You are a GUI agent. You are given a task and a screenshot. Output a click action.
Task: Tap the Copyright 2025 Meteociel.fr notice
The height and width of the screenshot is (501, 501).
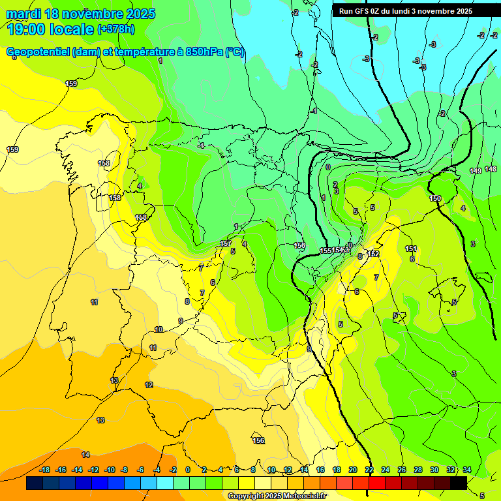coord(277,496)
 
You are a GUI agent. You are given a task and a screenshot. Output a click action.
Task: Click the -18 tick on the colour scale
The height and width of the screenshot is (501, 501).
coord(45,470)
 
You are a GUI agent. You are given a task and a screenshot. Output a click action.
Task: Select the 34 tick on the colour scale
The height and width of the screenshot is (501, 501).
coord(467,470)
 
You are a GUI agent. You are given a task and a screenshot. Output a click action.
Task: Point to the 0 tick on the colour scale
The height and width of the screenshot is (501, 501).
coord(188,470)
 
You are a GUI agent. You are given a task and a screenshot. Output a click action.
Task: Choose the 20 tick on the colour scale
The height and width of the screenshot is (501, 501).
coord(353,470)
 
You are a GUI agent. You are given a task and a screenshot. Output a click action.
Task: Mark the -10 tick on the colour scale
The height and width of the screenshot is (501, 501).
coord(110,470)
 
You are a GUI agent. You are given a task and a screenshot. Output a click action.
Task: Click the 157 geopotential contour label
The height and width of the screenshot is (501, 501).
coord(226,243)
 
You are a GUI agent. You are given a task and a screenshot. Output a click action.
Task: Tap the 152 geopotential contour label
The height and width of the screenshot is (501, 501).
coord(374,254)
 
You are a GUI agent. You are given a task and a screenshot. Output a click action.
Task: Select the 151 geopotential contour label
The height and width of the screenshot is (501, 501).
coord(411,249)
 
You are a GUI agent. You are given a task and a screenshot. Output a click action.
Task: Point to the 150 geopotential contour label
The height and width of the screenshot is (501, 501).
coord(435,198)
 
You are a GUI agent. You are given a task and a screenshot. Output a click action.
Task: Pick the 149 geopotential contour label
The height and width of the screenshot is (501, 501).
coord(476,171)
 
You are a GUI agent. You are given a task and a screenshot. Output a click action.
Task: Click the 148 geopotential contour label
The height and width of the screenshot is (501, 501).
coord(491,169)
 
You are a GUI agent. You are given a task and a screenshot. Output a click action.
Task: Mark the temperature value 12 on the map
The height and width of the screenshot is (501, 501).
coord(149,385)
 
